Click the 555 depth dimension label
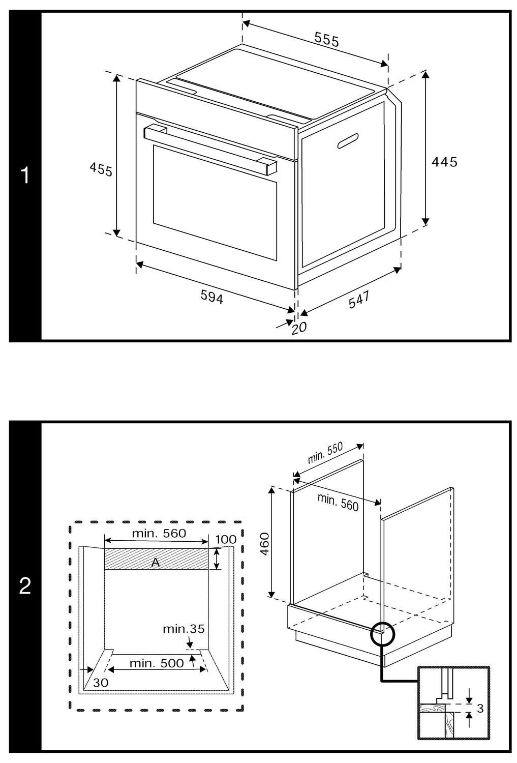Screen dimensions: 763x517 coord(326,40)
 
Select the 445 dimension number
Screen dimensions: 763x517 coord(444,162)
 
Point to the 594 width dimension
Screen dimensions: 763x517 coord(211,297)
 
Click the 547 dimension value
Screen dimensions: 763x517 coord(359,299)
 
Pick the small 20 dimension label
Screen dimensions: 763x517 coord(299,328)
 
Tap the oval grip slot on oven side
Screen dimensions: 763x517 coord(347,141)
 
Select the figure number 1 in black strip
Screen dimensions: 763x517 coord(25,176)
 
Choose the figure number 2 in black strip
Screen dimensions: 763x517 coord(25,586)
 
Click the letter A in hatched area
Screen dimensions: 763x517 coord(156,562)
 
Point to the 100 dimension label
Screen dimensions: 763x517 coord(226,540)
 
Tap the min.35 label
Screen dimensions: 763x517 coord(184,629)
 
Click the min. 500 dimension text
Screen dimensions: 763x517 coord(156,663)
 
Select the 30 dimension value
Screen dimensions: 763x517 coord(101,683)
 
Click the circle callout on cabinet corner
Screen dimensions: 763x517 coord(382,634)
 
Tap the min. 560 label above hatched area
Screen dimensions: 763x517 coord(159,533)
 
